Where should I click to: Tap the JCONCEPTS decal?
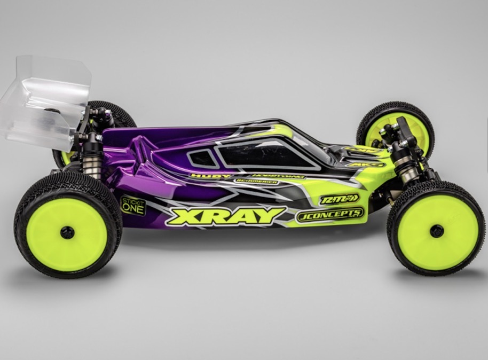329,214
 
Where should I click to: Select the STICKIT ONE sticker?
133,206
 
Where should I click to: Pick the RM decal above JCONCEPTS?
339,199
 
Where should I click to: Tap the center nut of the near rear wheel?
67,232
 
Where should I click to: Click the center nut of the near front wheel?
436,231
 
